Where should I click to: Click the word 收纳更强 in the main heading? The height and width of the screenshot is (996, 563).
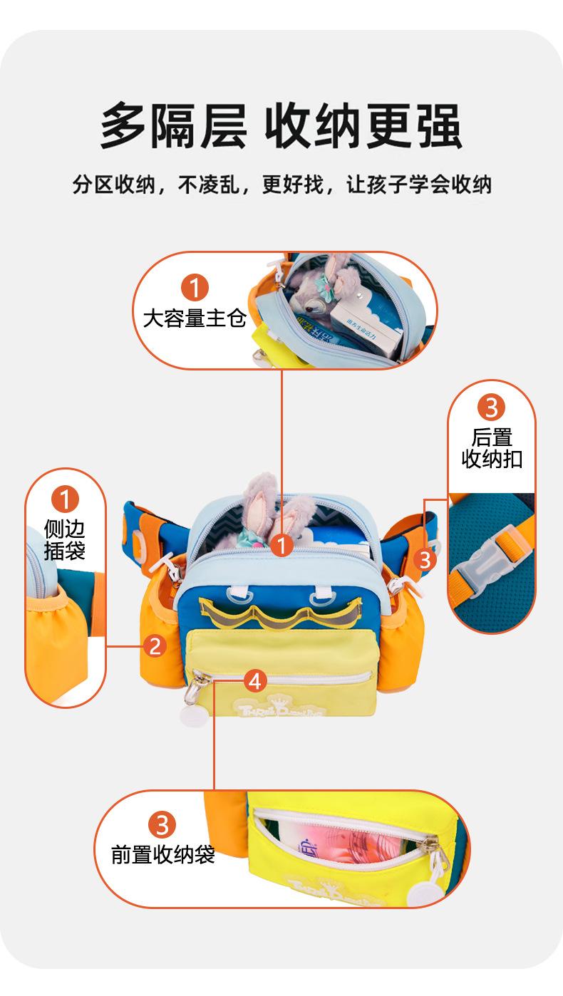coord(363,126)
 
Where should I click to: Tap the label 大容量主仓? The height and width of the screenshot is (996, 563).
coord(194,318)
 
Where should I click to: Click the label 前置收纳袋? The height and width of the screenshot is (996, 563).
coord(163,854)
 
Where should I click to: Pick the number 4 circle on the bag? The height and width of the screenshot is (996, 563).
coord(255,681)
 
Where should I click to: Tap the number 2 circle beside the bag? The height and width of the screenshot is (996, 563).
coord(155,646)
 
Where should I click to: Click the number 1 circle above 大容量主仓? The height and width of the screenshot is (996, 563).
coord(194,286)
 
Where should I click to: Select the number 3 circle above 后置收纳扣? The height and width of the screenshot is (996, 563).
coord(491,408)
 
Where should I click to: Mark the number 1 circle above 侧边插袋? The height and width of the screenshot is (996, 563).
coord(64,499)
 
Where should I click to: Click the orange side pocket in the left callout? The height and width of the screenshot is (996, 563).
coord(53,627)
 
